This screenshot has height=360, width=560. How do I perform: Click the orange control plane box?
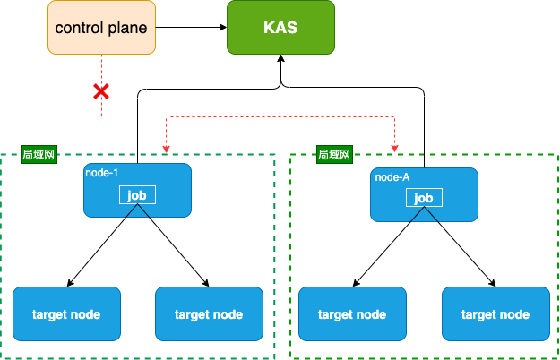102,28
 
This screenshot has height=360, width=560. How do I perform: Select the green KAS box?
280,28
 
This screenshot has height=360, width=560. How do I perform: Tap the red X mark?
101,91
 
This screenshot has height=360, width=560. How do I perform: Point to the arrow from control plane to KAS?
191,27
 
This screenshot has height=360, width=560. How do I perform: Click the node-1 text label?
102,173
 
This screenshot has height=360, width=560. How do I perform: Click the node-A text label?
392,177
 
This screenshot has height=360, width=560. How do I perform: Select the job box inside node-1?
137,195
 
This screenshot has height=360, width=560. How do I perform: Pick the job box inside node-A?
425,198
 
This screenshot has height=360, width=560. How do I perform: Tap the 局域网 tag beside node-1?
39,155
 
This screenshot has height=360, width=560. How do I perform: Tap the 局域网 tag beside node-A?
334,155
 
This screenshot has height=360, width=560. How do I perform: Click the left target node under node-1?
67,314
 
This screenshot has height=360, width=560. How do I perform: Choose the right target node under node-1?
210,314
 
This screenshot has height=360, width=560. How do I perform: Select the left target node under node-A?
352,314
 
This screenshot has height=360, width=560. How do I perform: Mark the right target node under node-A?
495,314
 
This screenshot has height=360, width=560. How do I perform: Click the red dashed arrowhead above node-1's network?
166,150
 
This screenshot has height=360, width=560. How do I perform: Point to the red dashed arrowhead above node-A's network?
394,149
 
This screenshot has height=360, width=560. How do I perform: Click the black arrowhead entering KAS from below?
281,58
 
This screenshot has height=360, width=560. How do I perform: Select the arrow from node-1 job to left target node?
102,245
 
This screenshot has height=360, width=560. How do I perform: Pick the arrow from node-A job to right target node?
460,247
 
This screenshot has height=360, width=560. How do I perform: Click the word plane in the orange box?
127,29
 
